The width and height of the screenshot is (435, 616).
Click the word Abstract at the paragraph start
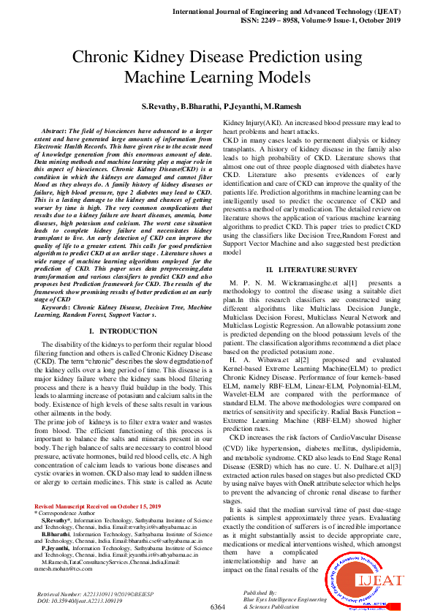[59, 129]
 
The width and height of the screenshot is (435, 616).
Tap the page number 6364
[218, 607]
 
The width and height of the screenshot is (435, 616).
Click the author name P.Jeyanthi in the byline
[242, 107]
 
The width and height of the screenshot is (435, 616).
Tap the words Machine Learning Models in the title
[217, 78]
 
